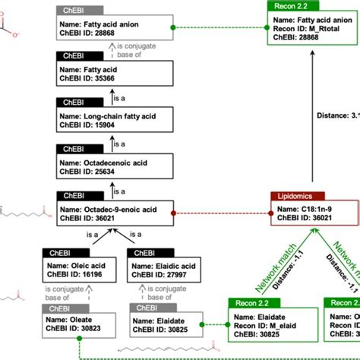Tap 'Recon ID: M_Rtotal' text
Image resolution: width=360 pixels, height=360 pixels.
[302, 28]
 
